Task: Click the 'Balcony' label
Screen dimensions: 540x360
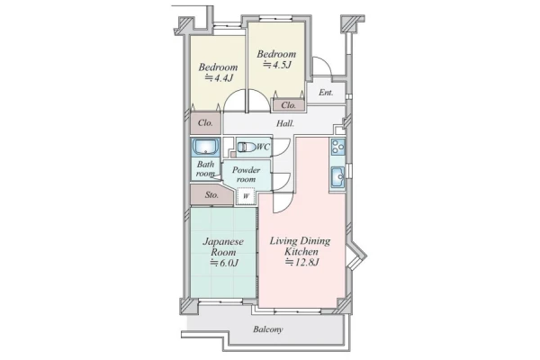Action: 268,329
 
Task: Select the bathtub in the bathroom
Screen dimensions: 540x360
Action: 205,147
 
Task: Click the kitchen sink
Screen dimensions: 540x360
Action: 337,177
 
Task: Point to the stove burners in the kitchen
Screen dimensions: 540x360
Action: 337,148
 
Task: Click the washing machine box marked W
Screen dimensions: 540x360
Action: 246,196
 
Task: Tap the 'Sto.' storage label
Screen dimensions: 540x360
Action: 211,195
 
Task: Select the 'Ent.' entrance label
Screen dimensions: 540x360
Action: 326,93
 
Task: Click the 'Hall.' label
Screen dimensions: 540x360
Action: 285,123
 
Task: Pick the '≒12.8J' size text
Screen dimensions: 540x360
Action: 302,262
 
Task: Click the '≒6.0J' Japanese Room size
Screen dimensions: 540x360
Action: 224,263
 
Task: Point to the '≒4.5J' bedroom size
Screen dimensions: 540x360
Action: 277,65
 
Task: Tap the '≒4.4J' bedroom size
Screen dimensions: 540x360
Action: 219,78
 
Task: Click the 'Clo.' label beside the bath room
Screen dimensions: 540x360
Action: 205,122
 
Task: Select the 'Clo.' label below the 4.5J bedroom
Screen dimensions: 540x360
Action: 289,105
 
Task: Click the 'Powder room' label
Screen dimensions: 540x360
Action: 246,175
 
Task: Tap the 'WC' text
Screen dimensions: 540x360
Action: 264,147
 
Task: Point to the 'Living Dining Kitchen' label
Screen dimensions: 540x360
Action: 300,246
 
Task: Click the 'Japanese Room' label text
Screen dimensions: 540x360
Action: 223,247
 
